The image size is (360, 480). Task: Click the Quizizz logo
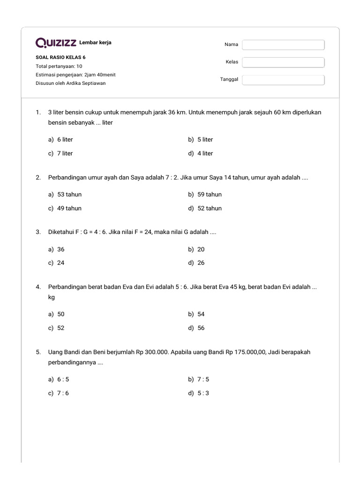tap(56, 43)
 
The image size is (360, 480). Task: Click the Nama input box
tap(283, 45)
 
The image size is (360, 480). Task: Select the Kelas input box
tap(283, 62)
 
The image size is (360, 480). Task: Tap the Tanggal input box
tap(283, 80)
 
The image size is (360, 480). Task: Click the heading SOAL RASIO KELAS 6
tap(60, 58)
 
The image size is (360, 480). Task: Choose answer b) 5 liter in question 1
tap(201, 140)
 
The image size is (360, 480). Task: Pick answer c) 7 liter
tap(60, 153)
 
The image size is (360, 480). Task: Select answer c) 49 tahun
tap(65, 208)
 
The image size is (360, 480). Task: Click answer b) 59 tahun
tap(205, 195)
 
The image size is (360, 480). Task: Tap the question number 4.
tap(38, 287)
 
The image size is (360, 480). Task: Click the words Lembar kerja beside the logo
tap(96, 43)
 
